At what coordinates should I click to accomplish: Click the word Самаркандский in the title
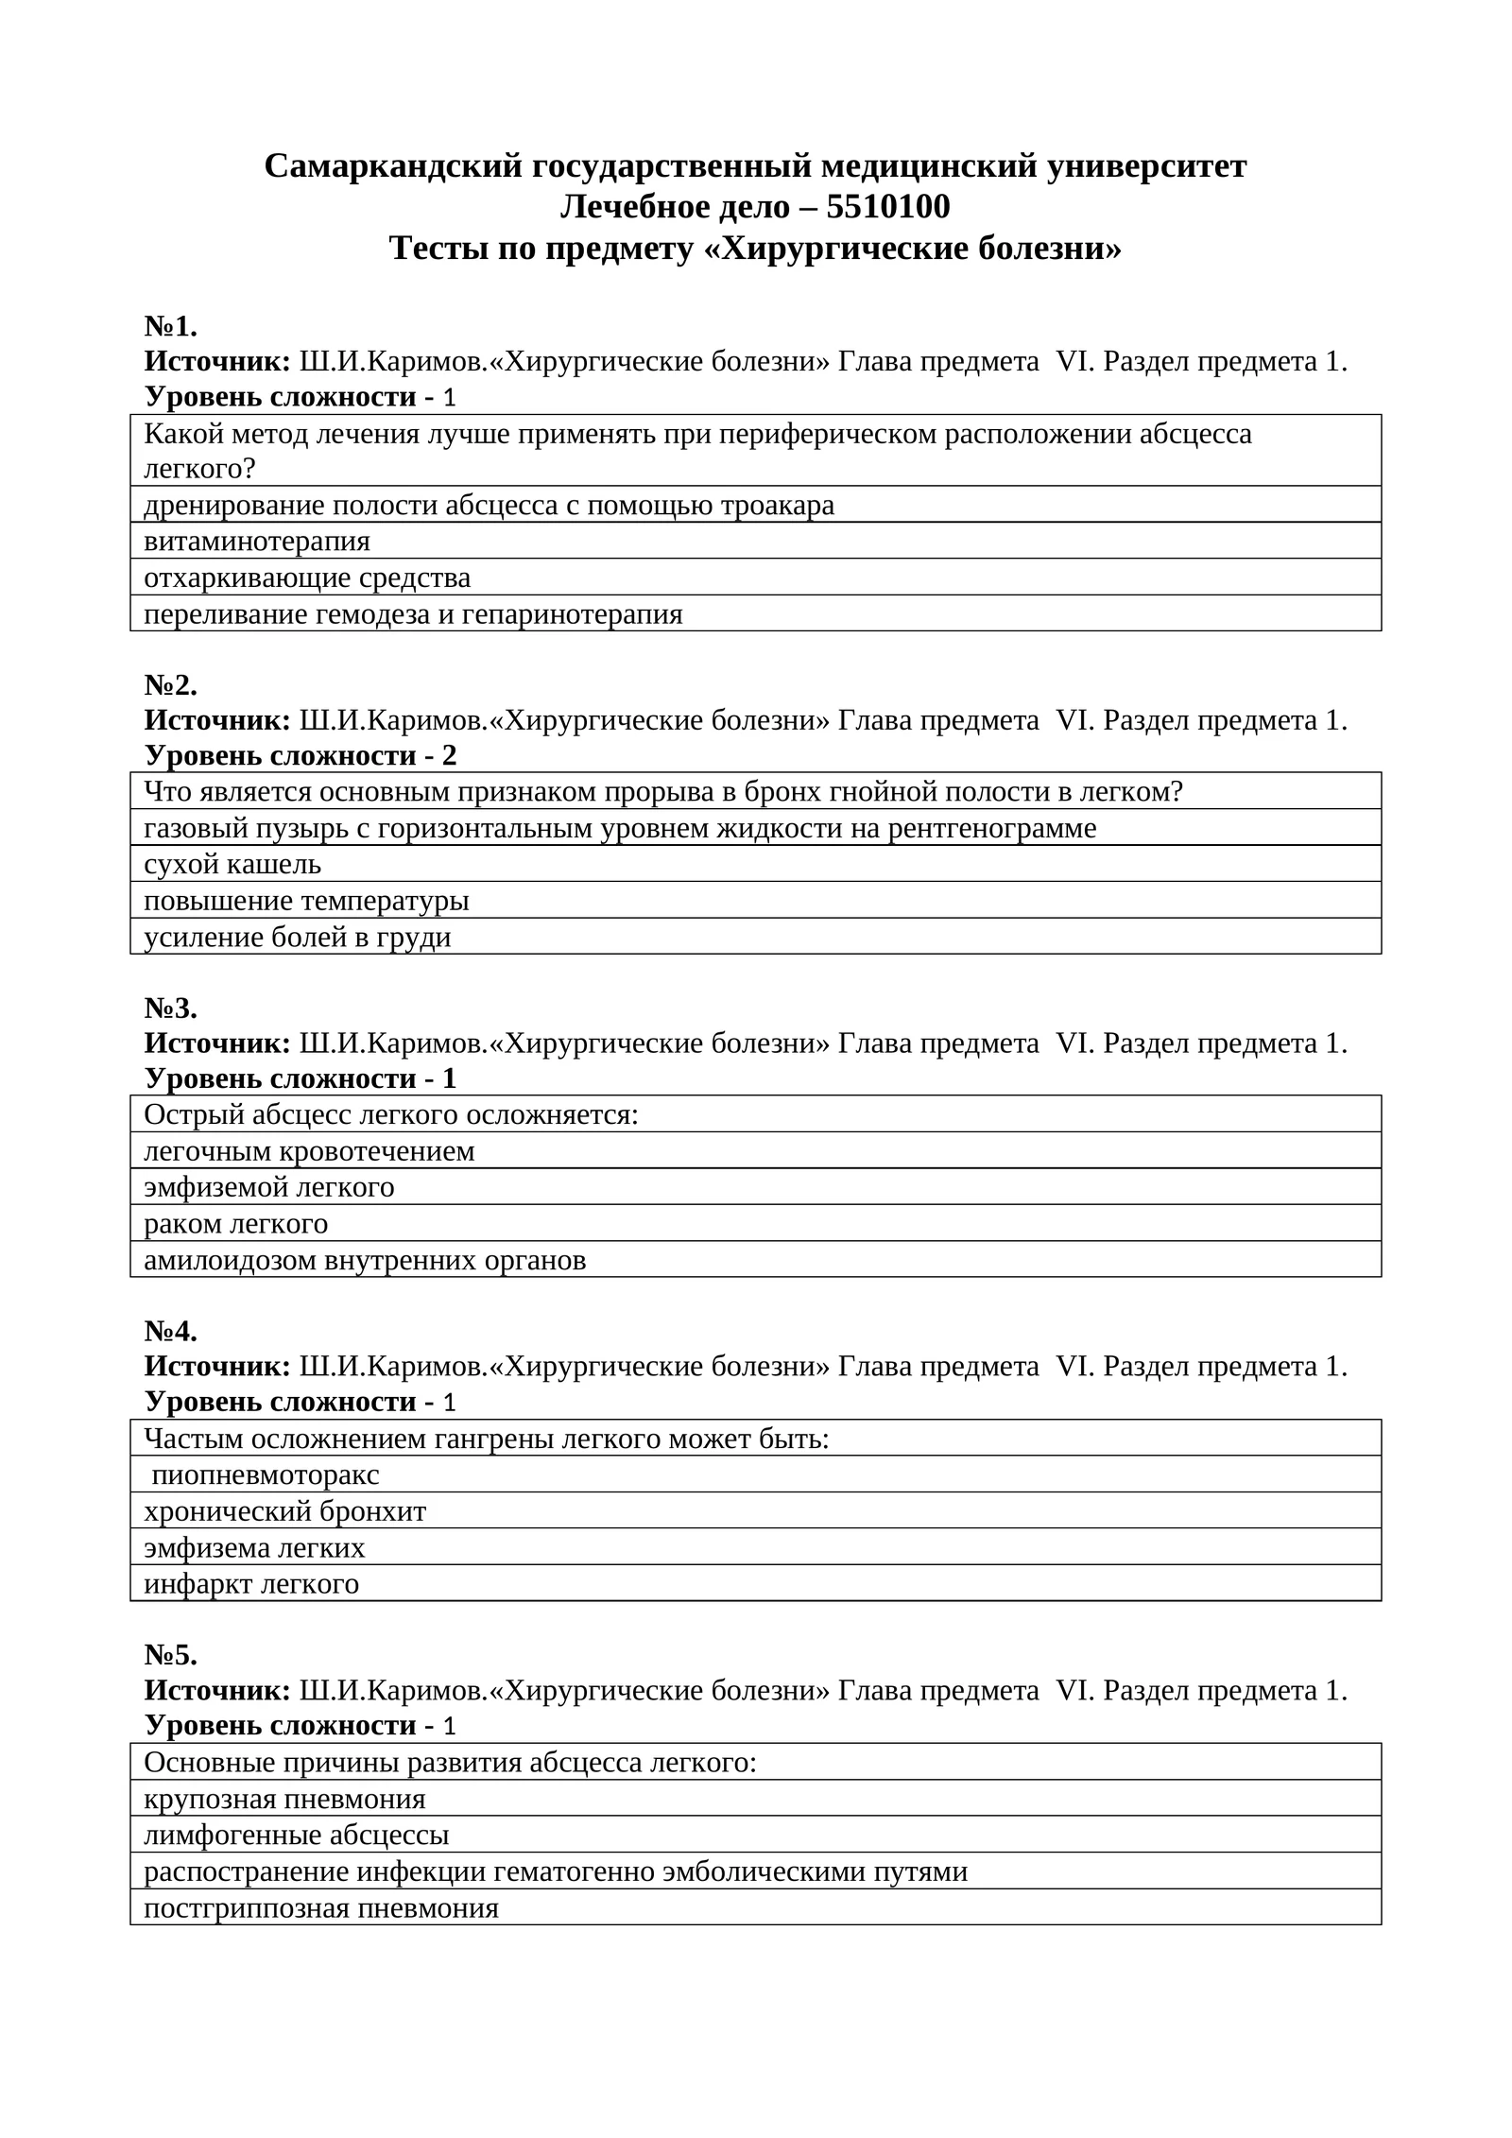pos(392,166)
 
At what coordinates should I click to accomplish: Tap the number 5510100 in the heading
pos(887,207)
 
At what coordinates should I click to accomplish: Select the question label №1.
pos(171,327)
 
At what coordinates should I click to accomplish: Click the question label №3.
pos(171,1009)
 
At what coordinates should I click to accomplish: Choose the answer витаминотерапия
pos(257,542)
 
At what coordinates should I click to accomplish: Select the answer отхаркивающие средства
pos(307,578)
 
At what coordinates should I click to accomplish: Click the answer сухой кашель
pos(232,864)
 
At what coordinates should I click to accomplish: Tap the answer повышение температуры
pos(306,901)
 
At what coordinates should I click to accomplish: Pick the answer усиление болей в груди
pos(298,937)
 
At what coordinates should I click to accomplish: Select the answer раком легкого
pos(236,1224)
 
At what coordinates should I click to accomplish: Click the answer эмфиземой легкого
pos(269,1187)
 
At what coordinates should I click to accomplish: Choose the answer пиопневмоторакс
pos(266,1474)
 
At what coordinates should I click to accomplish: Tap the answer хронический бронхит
pos(285,1511)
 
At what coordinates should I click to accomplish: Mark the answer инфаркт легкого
pos(251,1583)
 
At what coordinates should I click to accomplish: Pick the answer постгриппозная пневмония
pos(321,1908)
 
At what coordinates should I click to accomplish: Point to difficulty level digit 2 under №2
pos(449,756)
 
